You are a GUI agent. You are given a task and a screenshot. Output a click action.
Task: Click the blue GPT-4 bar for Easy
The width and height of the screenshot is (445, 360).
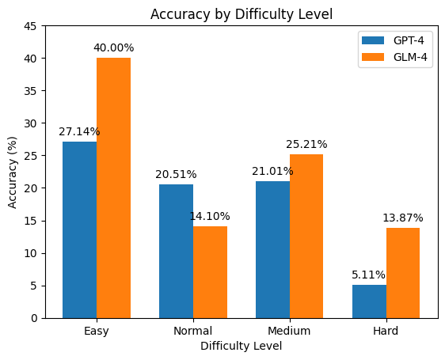(x=79, y=229)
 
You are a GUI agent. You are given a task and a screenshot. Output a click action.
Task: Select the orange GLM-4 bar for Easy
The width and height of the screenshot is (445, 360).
(x=113, y=188)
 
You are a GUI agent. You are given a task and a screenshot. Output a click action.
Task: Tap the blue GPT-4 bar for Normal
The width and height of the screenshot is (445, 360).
(x=176, y=251)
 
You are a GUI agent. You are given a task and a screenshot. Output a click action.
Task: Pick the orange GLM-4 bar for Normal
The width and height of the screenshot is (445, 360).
(x=210, y=272)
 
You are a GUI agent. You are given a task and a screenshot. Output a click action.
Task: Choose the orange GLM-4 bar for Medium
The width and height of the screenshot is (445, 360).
(x=306, y=236)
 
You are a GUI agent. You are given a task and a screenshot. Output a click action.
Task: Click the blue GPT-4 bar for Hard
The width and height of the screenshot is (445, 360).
(x=369, y=301)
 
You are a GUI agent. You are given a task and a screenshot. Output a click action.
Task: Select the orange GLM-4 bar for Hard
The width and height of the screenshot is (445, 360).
(x=403, y=273)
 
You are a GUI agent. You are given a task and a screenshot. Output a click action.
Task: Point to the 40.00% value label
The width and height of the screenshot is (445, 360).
(x=113, y=48)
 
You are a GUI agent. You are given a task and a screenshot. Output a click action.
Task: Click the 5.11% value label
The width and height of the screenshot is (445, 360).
(x=369, y=275)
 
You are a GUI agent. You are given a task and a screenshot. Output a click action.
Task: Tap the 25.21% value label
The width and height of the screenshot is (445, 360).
(x=306, y=145)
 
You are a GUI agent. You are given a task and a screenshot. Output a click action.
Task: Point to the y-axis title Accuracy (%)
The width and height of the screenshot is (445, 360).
(x=13, y=172)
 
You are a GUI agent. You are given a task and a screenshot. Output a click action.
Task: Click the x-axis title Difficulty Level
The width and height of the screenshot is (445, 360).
(x=242, y=346)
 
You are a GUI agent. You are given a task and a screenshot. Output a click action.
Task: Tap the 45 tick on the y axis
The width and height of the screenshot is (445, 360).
(x=33, y=26)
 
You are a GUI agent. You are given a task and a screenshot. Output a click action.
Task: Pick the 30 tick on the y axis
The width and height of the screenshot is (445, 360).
(x=33, y=123)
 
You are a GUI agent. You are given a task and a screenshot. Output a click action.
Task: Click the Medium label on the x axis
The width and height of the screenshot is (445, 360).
(x=289, y=331)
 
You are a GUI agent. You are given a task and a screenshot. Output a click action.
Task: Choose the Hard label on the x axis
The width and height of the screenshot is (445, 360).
(x=386, y=331)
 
